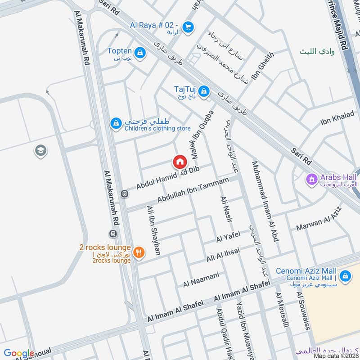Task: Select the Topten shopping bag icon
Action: point(141,53)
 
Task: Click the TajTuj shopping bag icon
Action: point(204,91)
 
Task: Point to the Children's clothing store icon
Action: point(116,122)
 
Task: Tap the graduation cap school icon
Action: point(40,151)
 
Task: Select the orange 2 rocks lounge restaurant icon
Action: point(139,252)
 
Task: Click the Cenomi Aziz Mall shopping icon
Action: point(345,275)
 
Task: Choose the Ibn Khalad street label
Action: point(337,118)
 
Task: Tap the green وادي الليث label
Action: point(318,52)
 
